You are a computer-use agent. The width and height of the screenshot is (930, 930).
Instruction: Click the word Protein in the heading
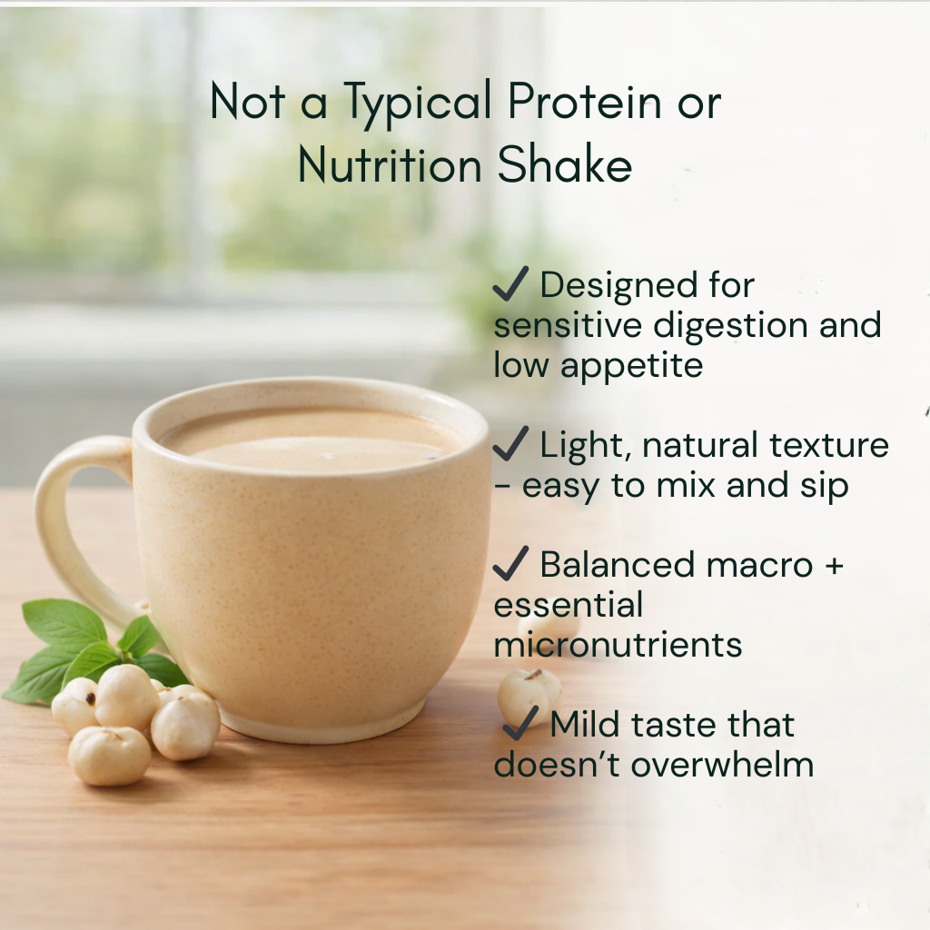click(x=584, y=102)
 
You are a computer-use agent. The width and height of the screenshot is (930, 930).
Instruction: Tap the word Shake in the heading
click(x=565, y=165)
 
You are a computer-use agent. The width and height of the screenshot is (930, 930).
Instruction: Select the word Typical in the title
click(x=418, y=104)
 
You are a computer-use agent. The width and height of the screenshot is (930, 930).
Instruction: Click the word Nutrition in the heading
click(x=390, y=165)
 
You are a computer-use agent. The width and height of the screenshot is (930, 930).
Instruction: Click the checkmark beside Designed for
click(x=510, y=283)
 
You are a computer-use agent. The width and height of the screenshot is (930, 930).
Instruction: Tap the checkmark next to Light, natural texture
click(x=510, y=443)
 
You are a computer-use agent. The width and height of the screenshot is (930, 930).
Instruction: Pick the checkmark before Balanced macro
click(x=510, y=563)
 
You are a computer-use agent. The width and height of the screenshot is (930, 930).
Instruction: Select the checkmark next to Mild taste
click(x=520, y=723)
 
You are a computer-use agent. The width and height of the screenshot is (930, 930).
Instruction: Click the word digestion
click(x=731, y=327)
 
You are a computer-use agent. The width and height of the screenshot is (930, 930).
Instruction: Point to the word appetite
click(x=632, y=367)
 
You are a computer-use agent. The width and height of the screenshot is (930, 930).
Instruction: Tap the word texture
click(x=829, y=445)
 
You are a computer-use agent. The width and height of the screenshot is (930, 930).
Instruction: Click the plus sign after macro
click(x=834, y=565)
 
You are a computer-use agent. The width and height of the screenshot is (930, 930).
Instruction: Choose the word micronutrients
click(x=618, y=645)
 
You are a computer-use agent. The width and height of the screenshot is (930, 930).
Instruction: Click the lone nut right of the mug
click(x=529, y=695)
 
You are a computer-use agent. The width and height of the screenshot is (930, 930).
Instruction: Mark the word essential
click(x=569, y=604)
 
